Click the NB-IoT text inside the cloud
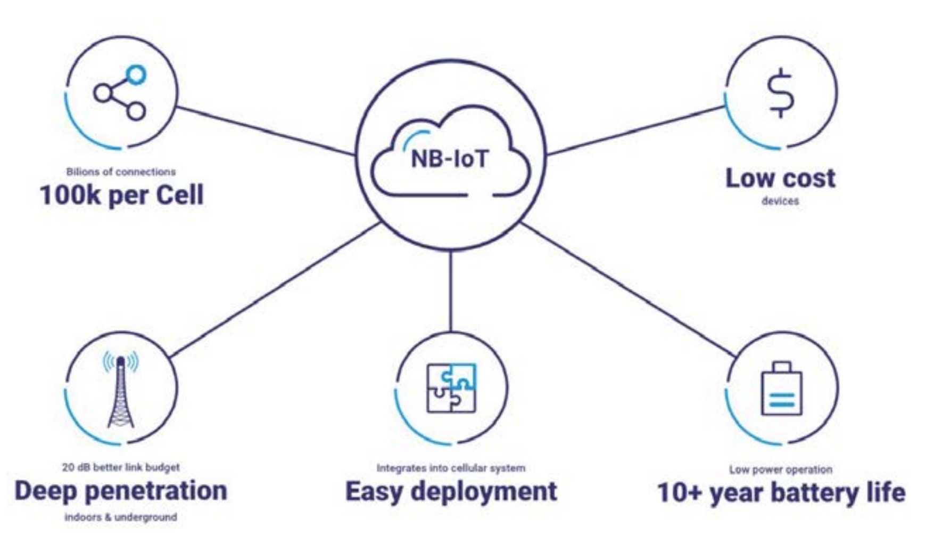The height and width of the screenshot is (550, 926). point(450,159)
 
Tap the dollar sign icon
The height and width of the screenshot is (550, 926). point(781,92)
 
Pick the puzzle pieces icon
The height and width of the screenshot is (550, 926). point(451,388)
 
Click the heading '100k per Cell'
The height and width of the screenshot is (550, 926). point(122,195)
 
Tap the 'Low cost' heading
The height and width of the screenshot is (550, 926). point(780,178)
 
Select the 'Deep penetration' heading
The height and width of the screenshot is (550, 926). point(121,491)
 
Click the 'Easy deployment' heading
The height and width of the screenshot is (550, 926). point(451,491)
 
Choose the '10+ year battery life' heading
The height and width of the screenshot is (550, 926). point(781,492)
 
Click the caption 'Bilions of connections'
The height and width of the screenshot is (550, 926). point(121,172)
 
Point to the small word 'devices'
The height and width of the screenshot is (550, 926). point(780,201)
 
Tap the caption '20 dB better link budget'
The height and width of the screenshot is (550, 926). point(121,467)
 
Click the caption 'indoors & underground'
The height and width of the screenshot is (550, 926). point(121,517)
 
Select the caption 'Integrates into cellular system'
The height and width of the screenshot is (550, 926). point(451,468)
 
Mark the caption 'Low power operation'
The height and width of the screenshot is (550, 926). point(781,470)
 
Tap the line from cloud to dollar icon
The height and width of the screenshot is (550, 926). point(636,131)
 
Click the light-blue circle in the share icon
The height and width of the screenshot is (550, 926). point(137,74)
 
